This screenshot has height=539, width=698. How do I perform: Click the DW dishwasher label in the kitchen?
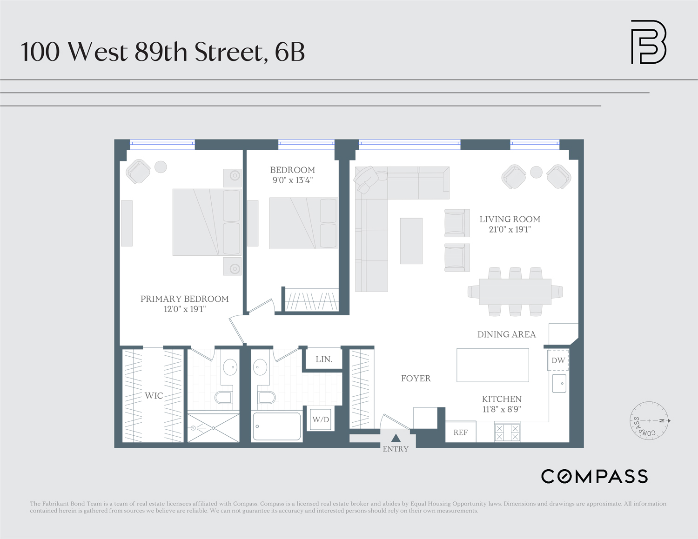coord(558,360)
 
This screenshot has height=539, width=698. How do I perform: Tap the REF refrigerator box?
coord(460,432)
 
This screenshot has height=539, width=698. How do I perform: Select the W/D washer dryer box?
coord(321,419)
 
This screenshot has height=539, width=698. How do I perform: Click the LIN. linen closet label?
coord(324,359)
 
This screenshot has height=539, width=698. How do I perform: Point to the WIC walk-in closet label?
coord(154,396)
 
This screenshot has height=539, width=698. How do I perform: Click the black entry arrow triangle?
coord(396,438)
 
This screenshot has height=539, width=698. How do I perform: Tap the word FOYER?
coord(416,379)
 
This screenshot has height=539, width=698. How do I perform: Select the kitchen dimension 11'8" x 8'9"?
coord(502,409)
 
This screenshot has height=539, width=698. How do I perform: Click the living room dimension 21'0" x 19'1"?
coord(510,229)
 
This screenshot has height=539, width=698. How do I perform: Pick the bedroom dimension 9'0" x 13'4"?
coord(292,180)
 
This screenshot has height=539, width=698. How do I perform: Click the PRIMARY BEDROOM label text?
coord(184,299)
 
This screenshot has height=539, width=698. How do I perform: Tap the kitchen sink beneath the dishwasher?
coord(559,383)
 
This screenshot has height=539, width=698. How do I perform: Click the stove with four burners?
coord(507,433)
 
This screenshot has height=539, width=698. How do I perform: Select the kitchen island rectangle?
coord(492,365)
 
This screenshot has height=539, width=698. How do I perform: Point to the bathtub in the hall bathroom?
coord(277,426)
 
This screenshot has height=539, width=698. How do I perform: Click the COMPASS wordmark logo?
coord(594,476)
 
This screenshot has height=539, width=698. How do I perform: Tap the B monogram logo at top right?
coord(648,42)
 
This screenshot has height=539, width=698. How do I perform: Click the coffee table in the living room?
coord(411,241)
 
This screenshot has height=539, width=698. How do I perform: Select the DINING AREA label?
coord(506,334)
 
